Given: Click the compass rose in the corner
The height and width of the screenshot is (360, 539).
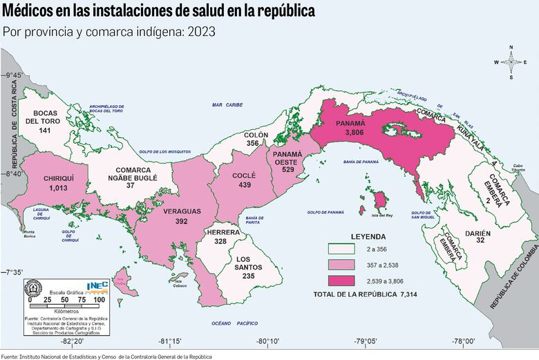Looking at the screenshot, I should pyautogui.click(x=511, y=62).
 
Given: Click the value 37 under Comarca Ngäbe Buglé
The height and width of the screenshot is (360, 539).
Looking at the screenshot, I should pyautogui.click(x=131, y=186).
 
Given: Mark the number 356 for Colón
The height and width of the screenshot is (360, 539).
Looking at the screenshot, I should pyautogui.click(x=252, y=143).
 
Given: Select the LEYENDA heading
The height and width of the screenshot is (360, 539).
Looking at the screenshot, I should pyautogui.click(x=368, y=236).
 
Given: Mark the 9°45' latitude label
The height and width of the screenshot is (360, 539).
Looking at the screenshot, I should pyautogui.click(x=14, y=75).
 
